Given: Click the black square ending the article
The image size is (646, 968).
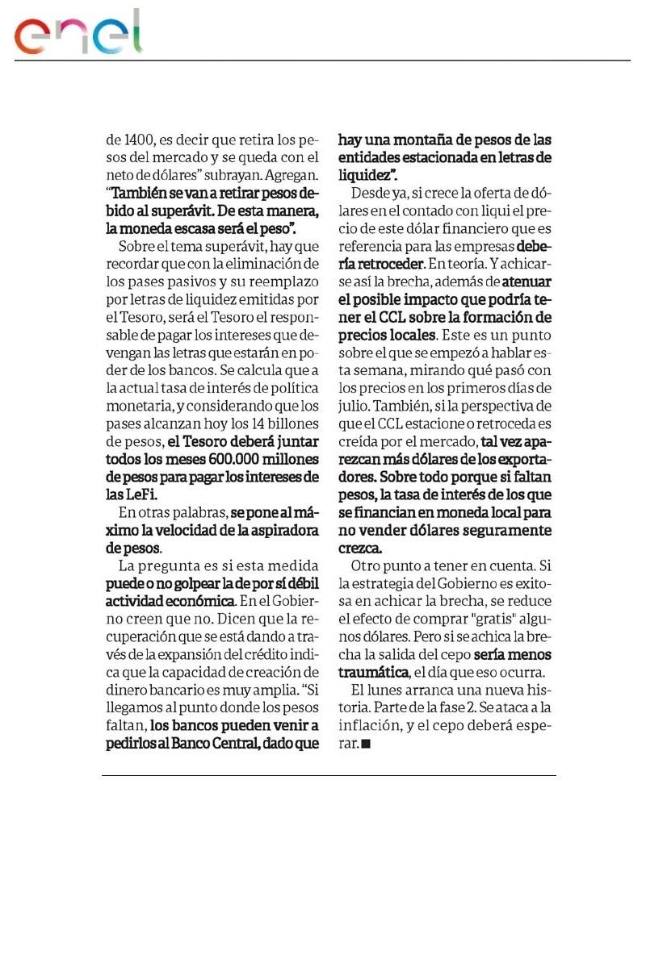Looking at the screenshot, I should click(x=366, y=744).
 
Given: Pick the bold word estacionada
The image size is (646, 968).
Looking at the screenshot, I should click(x=435, y=156).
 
